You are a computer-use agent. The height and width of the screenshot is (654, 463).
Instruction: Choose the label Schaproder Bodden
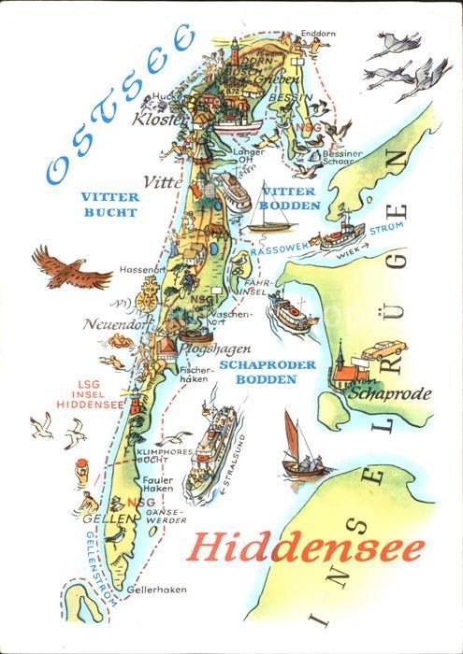click(x=267, y=372)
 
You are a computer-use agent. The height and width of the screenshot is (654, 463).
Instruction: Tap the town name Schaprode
click(x=388, y=393)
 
